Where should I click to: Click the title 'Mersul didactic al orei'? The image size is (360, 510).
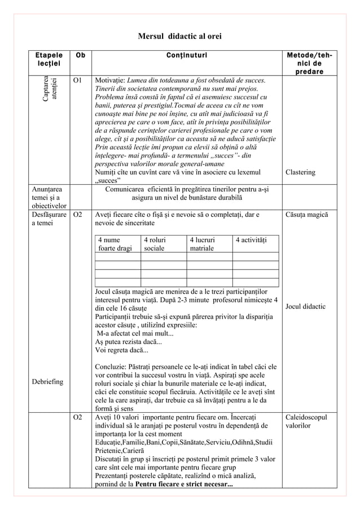(179, 37)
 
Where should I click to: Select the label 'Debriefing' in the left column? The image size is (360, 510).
(47, 382)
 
